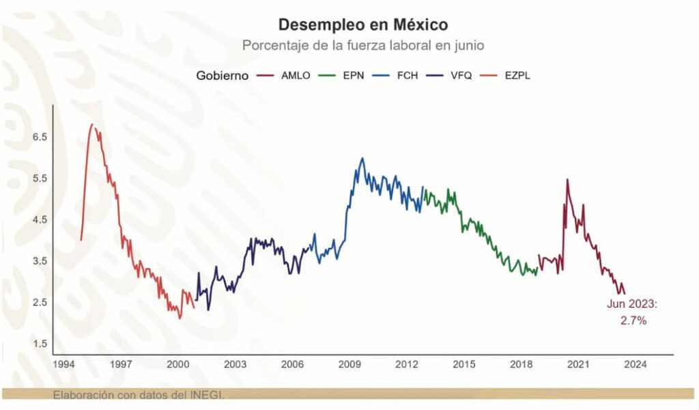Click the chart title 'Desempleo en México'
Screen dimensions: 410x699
(362, 25)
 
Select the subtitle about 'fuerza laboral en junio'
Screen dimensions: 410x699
(362, 45)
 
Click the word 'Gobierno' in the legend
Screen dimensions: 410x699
(222, 76)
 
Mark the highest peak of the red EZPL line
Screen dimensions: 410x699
(92, 124)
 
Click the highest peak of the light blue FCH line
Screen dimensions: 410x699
(362, 158)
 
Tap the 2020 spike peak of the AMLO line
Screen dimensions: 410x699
(567, 180)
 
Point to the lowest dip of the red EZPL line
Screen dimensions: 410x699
(180, 318)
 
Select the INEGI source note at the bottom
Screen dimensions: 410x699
(139, 394)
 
